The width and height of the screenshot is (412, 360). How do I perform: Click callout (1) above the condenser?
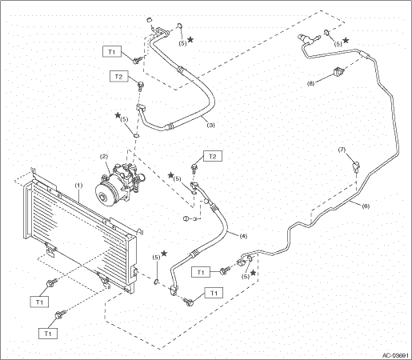79,186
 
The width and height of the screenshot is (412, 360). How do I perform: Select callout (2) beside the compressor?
104,157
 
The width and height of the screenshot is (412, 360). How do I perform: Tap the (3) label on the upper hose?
210,125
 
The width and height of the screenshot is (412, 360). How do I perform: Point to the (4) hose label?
243,236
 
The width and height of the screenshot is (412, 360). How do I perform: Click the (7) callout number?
342,150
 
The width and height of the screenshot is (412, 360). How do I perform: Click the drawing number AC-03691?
395,355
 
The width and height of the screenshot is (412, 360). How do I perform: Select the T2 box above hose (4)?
213,156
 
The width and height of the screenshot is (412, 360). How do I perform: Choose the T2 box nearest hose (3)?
118,77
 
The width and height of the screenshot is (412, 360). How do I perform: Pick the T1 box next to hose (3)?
112,52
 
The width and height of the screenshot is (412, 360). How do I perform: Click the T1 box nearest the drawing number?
214,293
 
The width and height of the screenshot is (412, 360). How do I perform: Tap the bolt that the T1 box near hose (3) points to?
137,60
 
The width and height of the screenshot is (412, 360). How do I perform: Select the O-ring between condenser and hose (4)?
156,281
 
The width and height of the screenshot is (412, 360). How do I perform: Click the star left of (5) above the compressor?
118,115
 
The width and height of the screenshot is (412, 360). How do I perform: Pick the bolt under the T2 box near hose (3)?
140,86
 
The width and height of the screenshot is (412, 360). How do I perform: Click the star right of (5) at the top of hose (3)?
190,40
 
